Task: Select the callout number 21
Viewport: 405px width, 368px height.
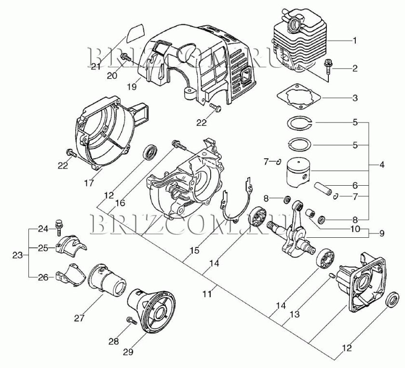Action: coord(95,67)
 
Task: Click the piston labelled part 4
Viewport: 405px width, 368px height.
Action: coord(297,173)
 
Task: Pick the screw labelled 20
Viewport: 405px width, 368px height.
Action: coord(126,58)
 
